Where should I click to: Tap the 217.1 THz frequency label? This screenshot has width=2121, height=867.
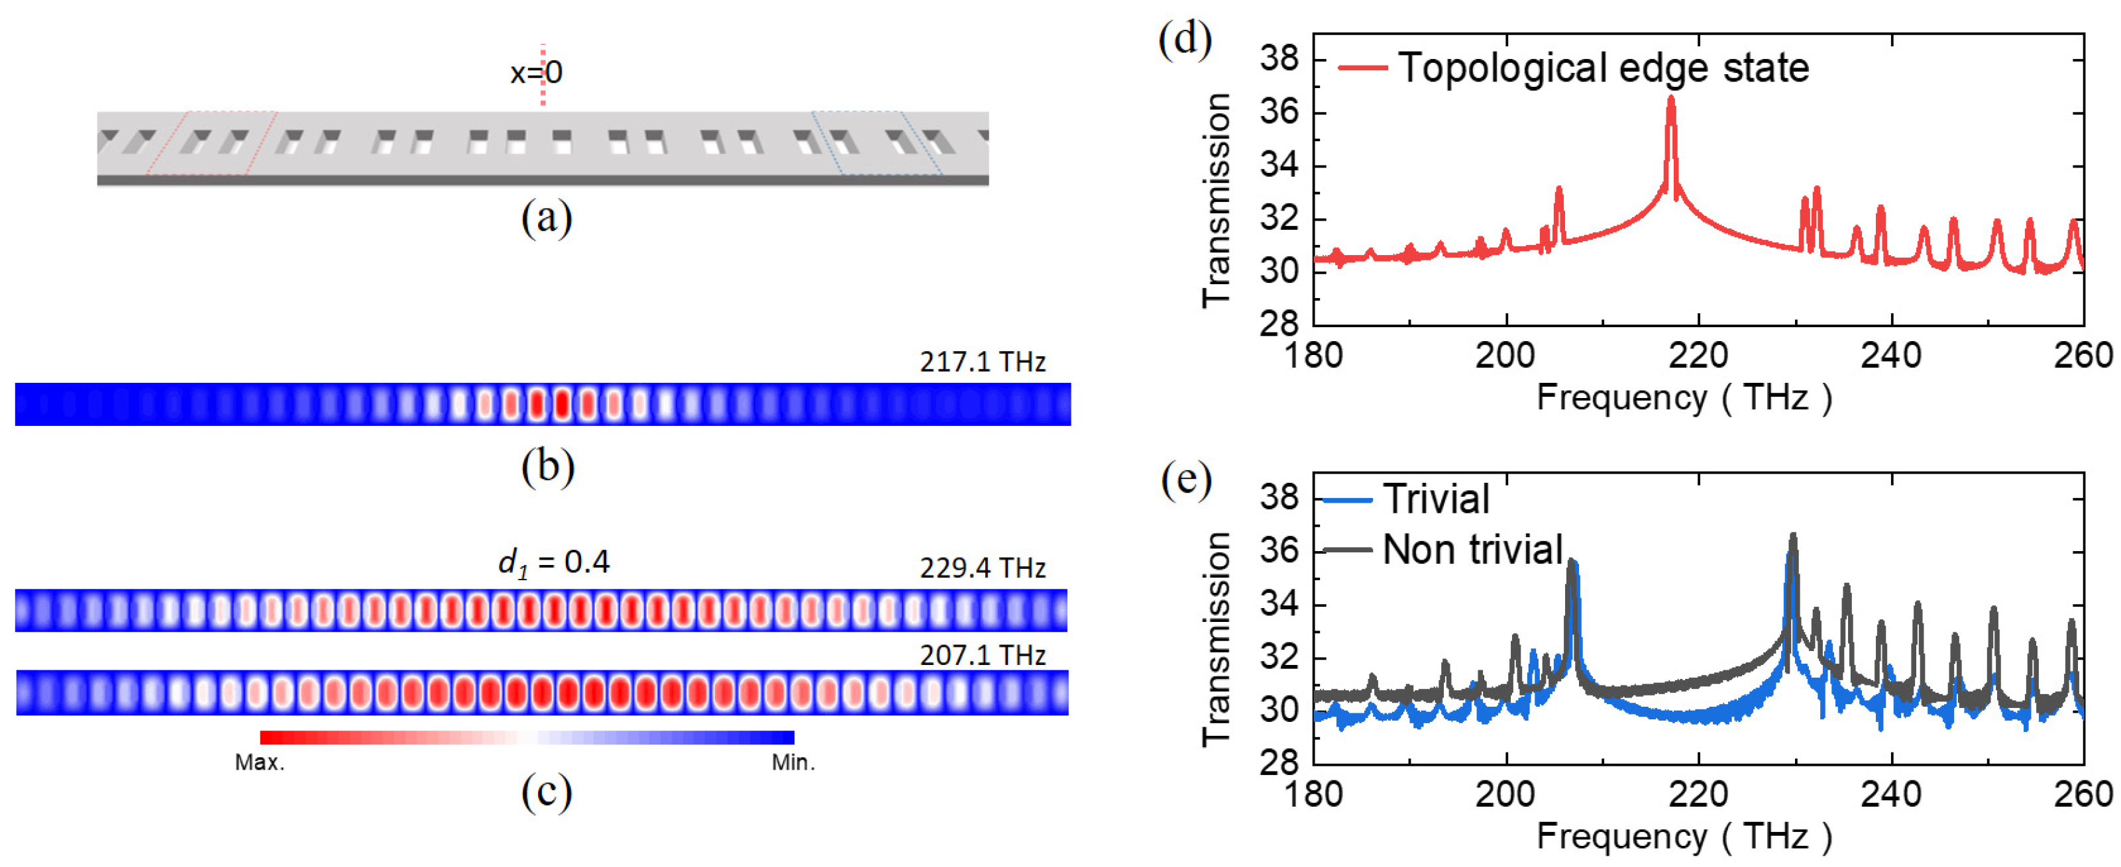point(982,362)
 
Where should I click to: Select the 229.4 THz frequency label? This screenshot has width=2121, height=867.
point(982,568)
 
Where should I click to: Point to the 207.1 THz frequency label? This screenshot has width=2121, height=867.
point(982,656)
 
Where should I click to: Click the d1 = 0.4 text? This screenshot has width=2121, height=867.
point(553,562)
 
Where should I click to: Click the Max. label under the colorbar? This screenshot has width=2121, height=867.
point(259,762)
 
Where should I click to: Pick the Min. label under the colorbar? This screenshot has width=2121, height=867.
point(793,762)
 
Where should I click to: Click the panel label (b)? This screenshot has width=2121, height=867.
point(547,467)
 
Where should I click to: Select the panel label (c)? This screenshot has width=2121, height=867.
point(546,792)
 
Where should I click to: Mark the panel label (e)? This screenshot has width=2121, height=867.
point(1185,479)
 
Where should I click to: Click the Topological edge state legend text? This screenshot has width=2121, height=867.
point(1603,68)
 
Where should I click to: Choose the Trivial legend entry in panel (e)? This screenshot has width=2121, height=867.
point(1436,499)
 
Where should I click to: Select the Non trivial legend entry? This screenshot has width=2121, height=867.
point(1472,549)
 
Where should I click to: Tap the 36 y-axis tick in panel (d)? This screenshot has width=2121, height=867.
point(1279,112)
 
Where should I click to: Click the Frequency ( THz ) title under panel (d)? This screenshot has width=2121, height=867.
point(1684,397)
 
